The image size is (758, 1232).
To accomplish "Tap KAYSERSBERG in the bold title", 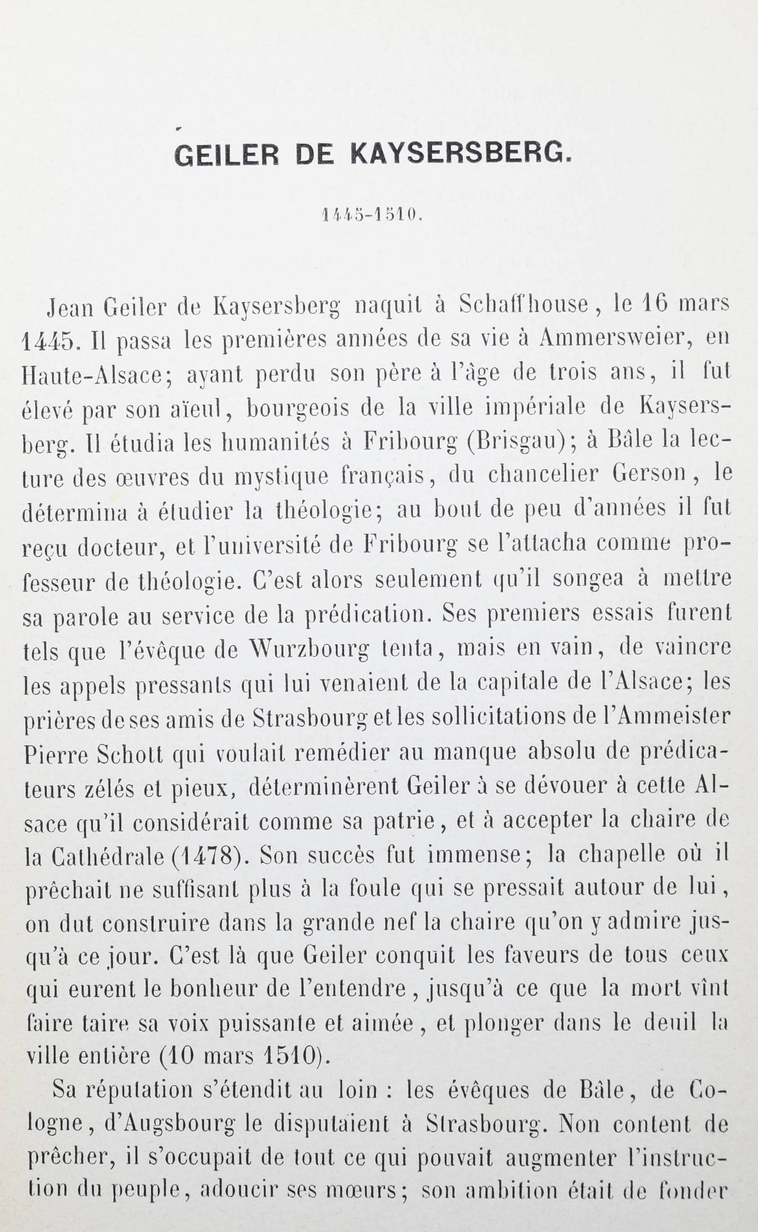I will (460, 155).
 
